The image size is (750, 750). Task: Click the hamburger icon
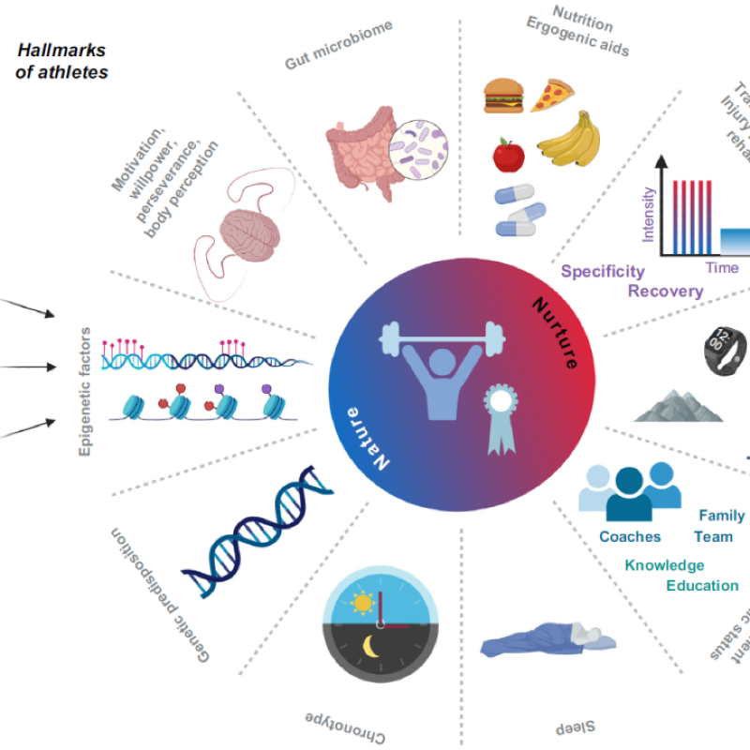[502, 95]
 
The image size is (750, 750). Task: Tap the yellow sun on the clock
[361, 601]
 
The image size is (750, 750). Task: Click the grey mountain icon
[678, 405]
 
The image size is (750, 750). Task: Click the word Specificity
[603, 272]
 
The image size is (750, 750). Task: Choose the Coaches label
[630, 537]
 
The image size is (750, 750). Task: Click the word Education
[702, 586]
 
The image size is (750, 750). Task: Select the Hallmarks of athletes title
[62, 62]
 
